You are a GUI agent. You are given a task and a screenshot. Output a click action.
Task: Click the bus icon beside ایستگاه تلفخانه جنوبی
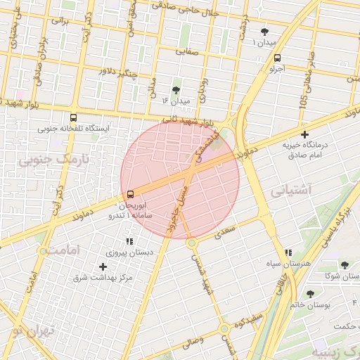click(x=75, y=118)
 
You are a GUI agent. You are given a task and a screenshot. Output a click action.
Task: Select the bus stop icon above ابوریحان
click(x=130, y=195)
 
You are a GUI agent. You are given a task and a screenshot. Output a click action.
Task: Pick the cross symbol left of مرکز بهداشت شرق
click(x=103, y=266)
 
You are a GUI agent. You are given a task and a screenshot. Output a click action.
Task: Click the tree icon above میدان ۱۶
click(x=176, y=90)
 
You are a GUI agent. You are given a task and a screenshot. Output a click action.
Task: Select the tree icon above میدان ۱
click(x=264, y=32)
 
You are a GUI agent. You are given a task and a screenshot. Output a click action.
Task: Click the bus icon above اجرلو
click(x=277, y=58)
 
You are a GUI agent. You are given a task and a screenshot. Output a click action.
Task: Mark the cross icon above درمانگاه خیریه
click(x=304, y=134)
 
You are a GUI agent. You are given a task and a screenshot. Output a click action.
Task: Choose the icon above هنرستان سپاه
click(x=288, y=252)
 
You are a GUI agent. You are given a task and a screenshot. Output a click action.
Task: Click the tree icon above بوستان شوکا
click(x=344, y=265)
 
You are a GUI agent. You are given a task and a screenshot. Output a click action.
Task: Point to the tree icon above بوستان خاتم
click(x=310, y=293)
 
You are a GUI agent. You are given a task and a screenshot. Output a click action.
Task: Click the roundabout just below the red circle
click(x=192, y=243)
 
